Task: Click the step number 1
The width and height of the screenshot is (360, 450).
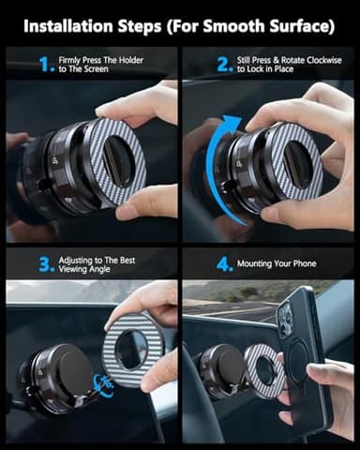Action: [45, 64]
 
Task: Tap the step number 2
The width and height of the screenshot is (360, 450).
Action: [224, 64]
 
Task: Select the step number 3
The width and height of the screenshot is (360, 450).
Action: [45, 264]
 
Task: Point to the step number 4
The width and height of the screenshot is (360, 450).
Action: [224, 264]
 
